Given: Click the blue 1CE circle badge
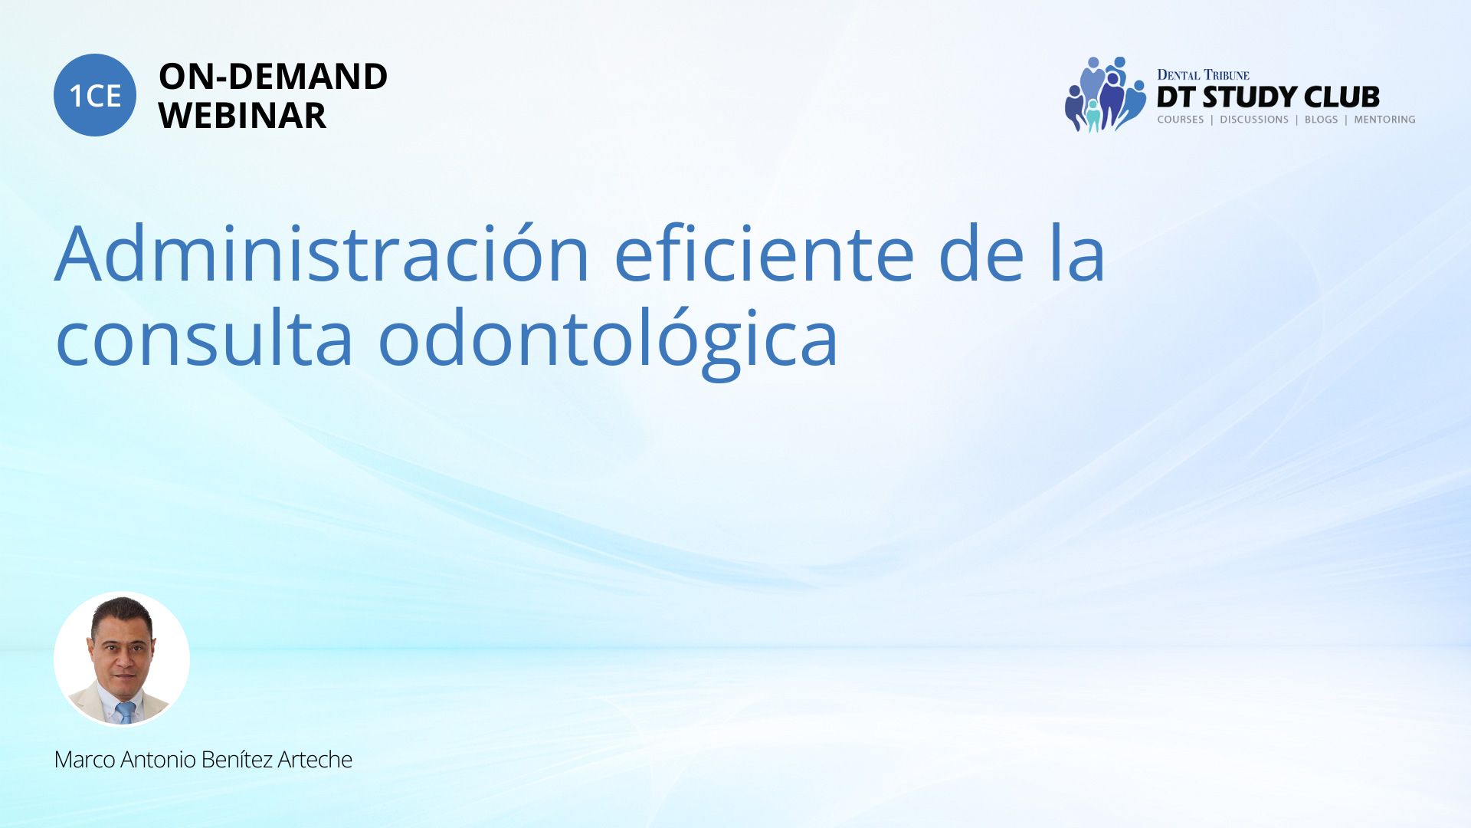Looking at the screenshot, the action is click(x=95, y=95).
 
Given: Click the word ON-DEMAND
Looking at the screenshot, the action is click(x=273, y=77).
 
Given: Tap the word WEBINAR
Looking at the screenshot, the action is click(x=242, y=116).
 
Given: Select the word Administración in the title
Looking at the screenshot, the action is click(x=323, y=253).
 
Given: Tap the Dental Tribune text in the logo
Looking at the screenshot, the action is click(x=1203, y=75).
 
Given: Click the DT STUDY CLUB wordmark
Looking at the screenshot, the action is click(x=1268, y=97).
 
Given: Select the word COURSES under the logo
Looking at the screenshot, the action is click(x=1181, y=120).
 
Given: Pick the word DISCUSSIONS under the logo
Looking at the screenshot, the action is click(x=1254, y=120).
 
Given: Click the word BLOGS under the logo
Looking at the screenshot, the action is click(x=1321, y=120).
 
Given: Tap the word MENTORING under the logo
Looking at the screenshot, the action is click(x=1384, y=120).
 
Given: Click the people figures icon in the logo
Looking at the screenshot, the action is click(x=1105, y=94).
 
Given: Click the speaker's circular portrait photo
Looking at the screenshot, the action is click(x=122, y=659).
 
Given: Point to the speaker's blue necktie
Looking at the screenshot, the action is click(x=125, y=711).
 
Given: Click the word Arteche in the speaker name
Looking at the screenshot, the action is click(x=315, y=760).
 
